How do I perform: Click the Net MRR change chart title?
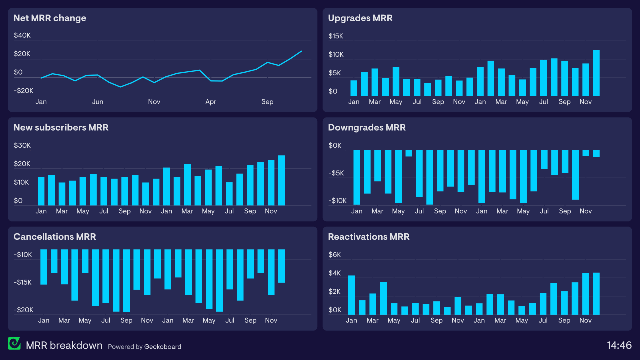pyautogui.click(x=50, y=18)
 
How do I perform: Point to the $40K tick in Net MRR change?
pyautogui.click(x=22, y=35)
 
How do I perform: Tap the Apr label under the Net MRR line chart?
pyautogui.click(x=211, y=102)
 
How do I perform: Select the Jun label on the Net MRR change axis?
pyautogui.click(x=98, y=102)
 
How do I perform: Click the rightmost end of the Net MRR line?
pyautogui.click(x=301, y=51)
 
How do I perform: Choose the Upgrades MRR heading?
pyautogui.click(x=360, y=18)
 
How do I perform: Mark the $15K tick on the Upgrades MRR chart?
pyautogui.click(x=336, y=36)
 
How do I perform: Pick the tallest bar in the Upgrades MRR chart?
pyautogui.click(x=596, y=73)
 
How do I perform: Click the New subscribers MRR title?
pyautogui.click(x=61, y=127)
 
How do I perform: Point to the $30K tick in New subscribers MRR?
pyautogui.click(x=22, y=145)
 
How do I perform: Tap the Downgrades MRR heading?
pyautogui.click(x=367, y=127)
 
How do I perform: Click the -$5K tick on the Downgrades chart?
pyautogui.click(x=336, y=173)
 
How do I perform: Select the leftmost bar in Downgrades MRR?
pyautogui.click(x=357, y=177)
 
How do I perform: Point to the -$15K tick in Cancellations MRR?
pyautogui.click(x=23, y=282)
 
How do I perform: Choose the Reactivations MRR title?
pyautogui.click(x=369, y=237)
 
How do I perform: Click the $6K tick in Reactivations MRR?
pyautogui.click(x=335, y=255)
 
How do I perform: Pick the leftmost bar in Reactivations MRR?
pyautogui.click(x=351, y=295)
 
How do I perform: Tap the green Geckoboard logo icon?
pyautogui.click(x=14, y=344)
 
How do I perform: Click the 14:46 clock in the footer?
pyautogui.click(x=619, y=345)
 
